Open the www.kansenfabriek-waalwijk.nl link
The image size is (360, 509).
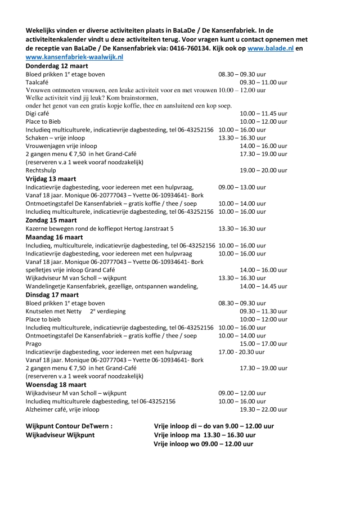[74, 57]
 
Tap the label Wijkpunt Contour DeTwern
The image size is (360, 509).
[69, 426]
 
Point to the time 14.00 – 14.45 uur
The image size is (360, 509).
[264, 286]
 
